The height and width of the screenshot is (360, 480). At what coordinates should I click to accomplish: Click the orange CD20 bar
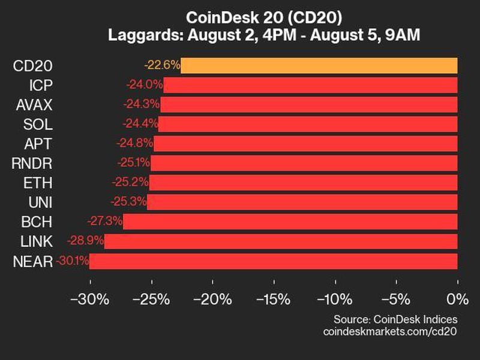[x=319, y=65]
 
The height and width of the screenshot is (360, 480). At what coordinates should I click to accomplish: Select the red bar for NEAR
[x=273, y=261]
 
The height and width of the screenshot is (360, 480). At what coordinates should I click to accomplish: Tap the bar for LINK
[x=281, y=241]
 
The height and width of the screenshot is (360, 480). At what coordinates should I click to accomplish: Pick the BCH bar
[x=290, y=222]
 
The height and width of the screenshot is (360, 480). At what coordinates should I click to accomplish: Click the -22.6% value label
[x=162, y=65]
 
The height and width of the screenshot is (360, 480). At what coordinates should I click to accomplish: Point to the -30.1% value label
[x=73, y=261]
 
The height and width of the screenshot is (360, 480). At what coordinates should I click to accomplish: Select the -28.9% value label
[x=88, y=241]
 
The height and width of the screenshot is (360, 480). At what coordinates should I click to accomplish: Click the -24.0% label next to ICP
[x=145, y=85]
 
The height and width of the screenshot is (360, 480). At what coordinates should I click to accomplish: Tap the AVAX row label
[x=34, y=105]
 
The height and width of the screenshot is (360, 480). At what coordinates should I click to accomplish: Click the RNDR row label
[x=32, y=163]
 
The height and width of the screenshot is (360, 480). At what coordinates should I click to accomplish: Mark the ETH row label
[x=40, y=183]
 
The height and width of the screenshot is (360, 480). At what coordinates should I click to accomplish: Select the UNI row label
[x=41, y=202]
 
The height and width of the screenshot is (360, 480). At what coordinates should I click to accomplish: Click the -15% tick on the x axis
[x=274, y=298]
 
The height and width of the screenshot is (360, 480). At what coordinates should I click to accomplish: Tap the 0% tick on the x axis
[x=457, y=298]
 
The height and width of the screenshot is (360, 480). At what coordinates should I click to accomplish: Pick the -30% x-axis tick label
[x=90, y=298]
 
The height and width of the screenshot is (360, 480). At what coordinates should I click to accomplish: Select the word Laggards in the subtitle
[x=142, y=35]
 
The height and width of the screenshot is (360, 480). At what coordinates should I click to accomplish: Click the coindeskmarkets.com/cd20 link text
[x=390, y=331]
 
